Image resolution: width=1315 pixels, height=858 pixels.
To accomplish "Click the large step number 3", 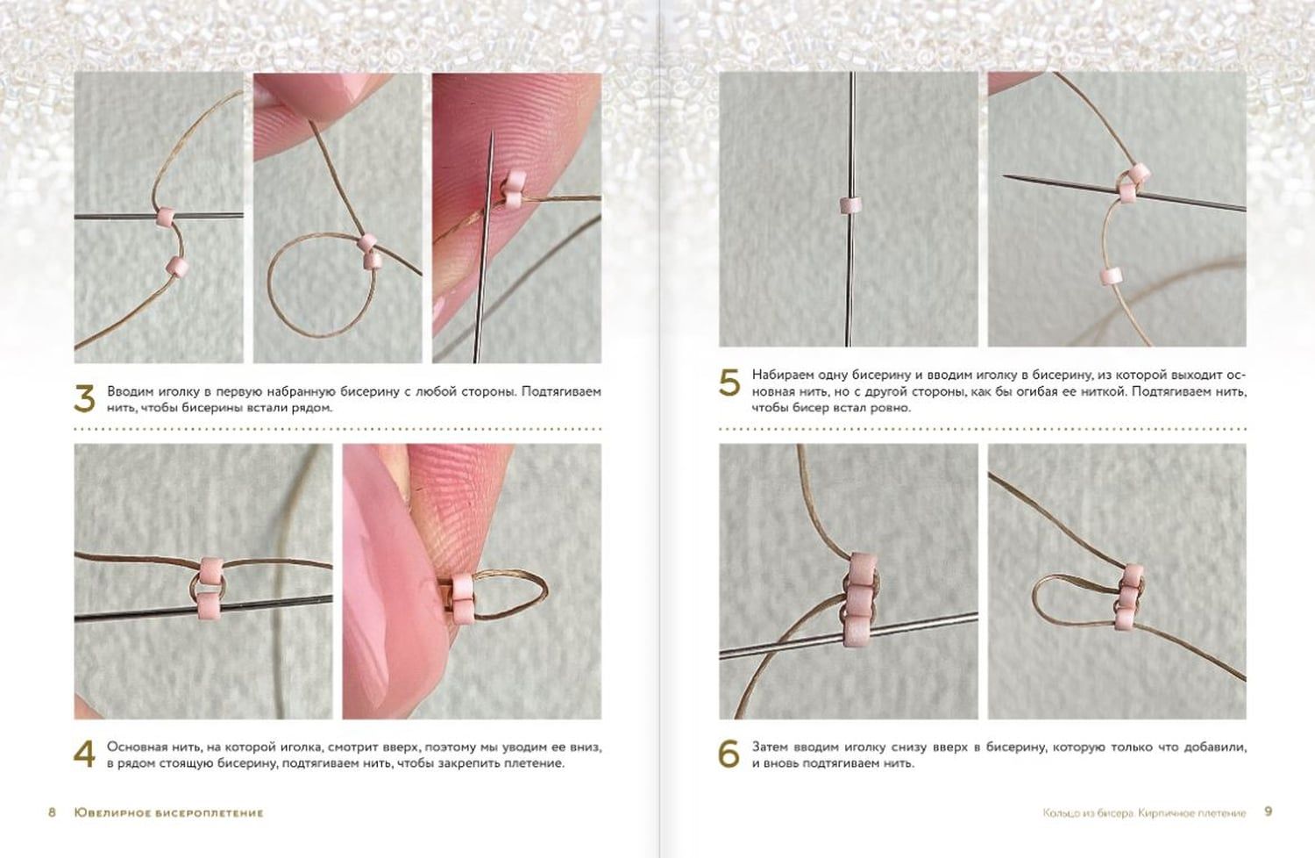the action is pyautogui.click(x=84, y=399).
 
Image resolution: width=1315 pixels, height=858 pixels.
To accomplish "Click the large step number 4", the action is pyautogui.click(x=84, y=754).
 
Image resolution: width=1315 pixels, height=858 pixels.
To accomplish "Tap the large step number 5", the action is pyautogui.click(x=729, y=383).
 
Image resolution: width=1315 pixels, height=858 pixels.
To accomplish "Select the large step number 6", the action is pyautogui.click(x=729, y=754).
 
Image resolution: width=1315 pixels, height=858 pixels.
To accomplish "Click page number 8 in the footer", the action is pyautogui.click(x=53, y=812).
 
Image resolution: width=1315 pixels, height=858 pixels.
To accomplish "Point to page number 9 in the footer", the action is pyautogui.click(x=1269, y=812).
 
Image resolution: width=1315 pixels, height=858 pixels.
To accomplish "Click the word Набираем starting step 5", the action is pyautogui.click(x=778, y=375).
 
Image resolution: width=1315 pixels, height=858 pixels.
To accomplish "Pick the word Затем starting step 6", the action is pyautogui.click(x=770, y=747).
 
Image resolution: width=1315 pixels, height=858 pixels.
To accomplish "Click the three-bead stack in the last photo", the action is pyautogui.click(x=1129, y=597).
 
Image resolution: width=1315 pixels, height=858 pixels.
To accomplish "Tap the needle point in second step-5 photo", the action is pyautogui.click(x=1005, y=175).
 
